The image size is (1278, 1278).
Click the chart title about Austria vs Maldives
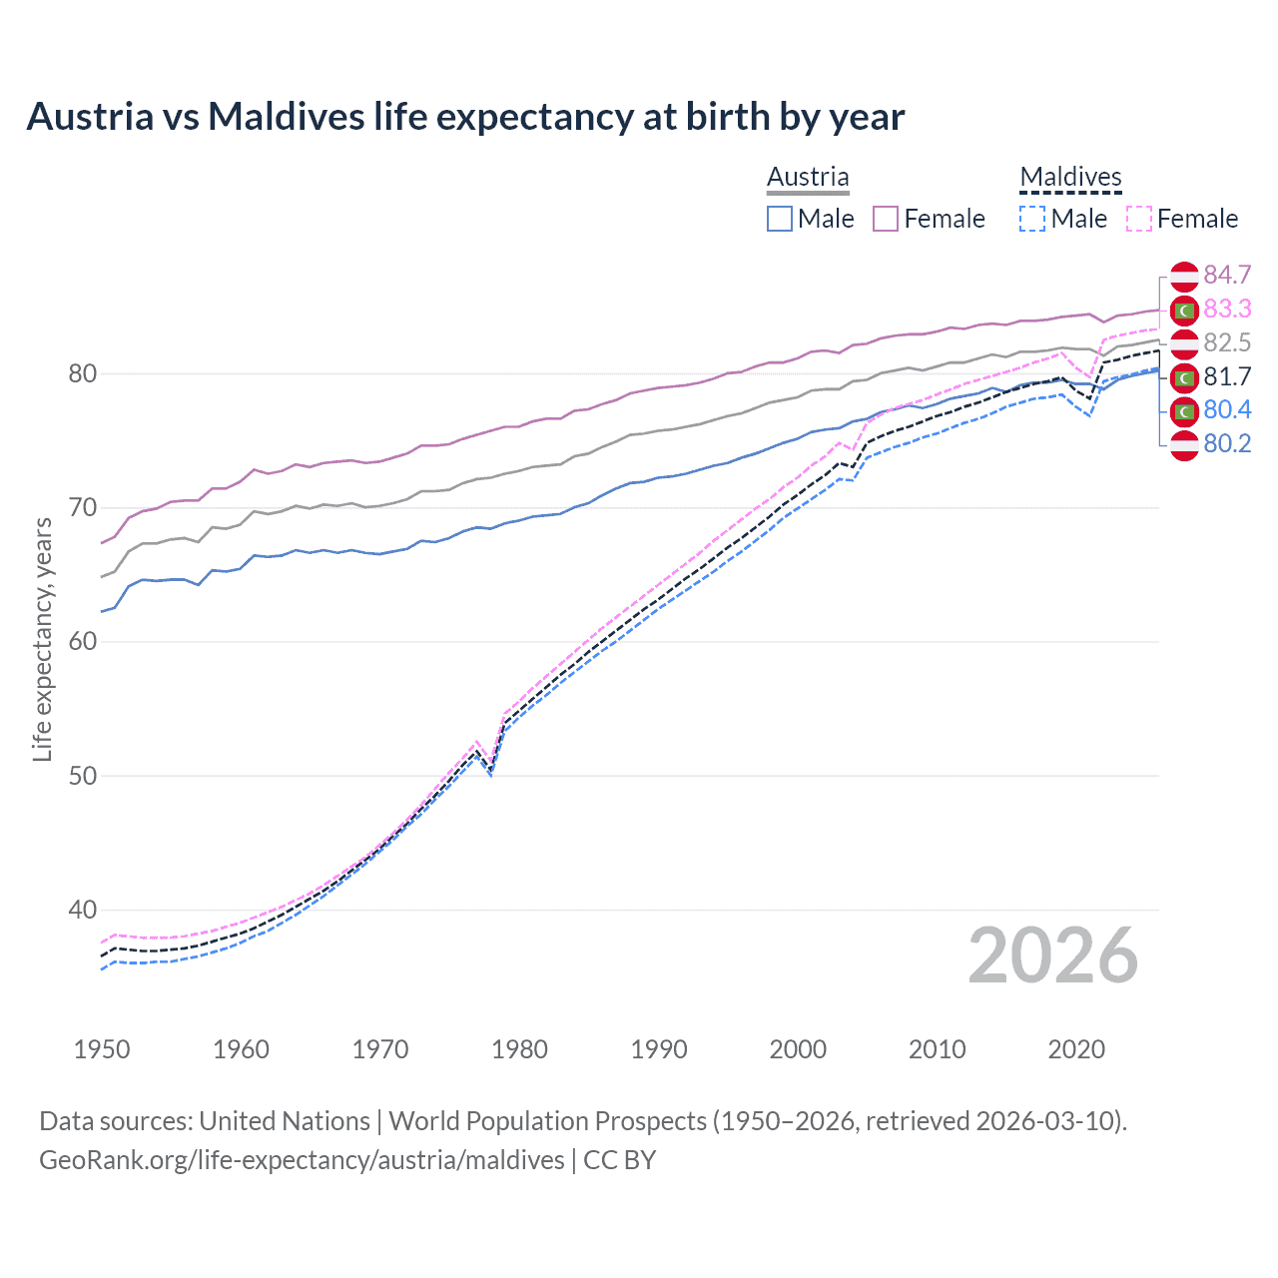[x=465, y=117]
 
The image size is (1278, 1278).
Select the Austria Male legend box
[x=780, y=219]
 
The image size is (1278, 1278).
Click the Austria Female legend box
[x=886, y=219]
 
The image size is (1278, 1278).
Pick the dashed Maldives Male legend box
[x=1032, y=219]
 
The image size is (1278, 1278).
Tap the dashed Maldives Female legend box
[x=1139, y=219]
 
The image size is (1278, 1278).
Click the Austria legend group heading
[x=808, y=177]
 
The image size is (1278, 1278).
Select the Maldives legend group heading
[x=1070, y=177]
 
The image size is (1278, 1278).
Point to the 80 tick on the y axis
[x=82, y=374]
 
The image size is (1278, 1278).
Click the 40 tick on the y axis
[x=82, y=910]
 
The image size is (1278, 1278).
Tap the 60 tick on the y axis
[x=82, y=642]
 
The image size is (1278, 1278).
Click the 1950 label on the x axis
[x=102, y=1049]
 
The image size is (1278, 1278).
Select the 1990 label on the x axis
[x=659, y=1049]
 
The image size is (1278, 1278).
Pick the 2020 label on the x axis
[x=1076, y=1049]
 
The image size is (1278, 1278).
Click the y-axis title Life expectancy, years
[x=42, y=639]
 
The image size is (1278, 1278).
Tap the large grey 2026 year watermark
[x=1052, y=956]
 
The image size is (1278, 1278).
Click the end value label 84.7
[x=1227, y=275]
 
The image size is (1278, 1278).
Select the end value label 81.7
[x=1227, y=376]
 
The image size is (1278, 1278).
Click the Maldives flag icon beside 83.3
[x=1184, y=310]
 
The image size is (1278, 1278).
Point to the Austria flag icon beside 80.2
[x=1184, y=444]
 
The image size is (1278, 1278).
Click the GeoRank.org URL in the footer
[x=302, y=1160]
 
